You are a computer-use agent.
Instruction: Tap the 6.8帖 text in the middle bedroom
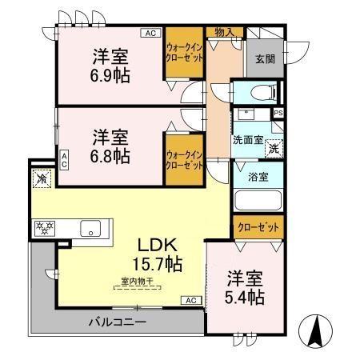[110, 155]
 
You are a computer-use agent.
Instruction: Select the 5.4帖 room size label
[245, 297]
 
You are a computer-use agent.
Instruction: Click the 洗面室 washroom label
[248, 139]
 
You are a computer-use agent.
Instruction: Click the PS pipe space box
[278, 114]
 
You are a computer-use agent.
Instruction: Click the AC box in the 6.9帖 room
[150, 33]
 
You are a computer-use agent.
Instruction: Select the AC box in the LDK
[191, 300]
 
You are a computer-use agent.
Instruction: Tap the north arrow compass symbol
[314, 329]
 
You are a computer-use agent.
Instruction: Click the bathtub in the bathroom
[258, 200]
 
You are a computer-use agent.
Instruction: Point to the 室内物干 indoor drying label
[138, 281]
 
